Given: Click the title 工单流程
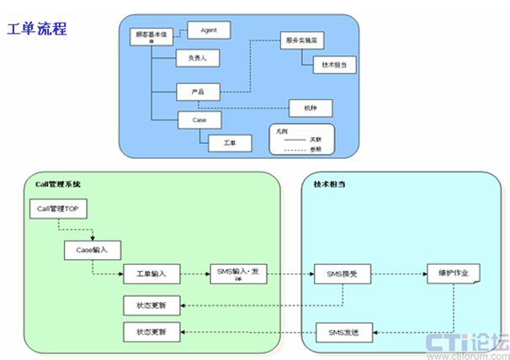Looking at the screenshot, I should [x=37, y=29].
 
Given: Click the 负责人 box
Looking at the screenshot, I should [x=196, y=59].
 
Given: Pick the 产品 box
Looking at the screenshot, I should [x=199, y=89].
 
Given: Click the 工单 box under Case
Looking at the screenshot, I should [x=230, y=143].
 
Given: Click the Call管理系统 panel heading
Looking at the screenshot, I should [x=58, y=183].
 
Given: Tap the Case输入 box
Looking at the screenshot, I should [x=92, y=250].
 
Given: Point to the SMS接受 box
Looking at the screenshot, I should [x=342, y=274].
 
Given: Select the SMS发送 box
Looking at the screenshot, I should [x=342, y=332].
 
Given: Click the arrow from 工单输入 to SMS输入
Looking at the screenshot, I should [x=194, y=274].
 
